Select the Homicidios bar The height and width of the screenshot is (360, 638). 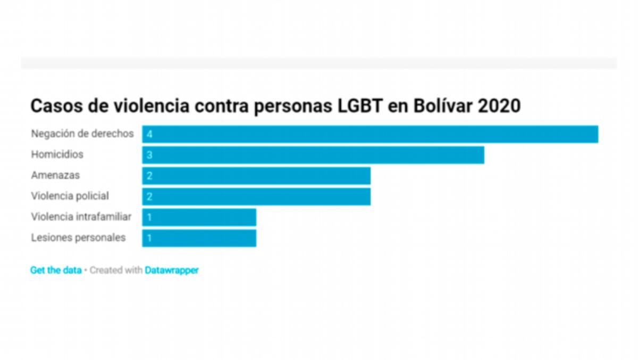(x=313, y=155)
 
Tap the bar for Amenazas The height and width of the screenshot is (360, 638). (x=256, y=176)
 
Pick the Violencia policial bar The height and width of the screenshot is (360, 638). (x=256, y=197)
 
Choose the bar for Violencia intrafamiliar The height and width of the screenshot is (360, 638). (x=199, y=217)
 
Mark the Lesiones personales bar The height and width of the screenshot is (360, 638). (x=199, y=238)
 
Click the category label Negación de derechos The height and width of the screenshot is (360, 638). (x=82, y=134)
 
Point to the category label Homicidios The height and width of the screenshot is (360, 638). (x=57, y=154)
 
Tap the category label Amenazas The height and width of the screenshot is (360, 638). (x=55, y=175)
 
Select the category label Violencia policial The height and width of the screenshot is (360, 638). (x=70, y=196)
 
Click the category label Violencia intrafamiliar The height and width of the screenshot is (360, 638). (x=81, y=217)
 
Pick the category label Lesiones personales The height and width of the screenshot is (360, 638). (x=78, y=238)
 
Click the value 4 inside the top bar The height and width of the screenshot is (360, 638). (x=150, y=134)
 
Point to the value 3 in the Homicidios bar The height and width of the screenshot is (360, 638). (x=150, y=155)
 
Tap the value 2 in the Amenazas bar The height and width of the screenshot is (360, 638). (x=150, y=176)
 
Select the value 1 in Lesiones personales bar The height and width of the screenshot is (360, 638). (x=150, y=238)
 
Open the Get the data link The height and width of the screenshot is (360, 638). (x=56, y=270)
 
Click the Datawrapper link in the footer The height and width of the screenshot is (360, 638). (x=172, y=270)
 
